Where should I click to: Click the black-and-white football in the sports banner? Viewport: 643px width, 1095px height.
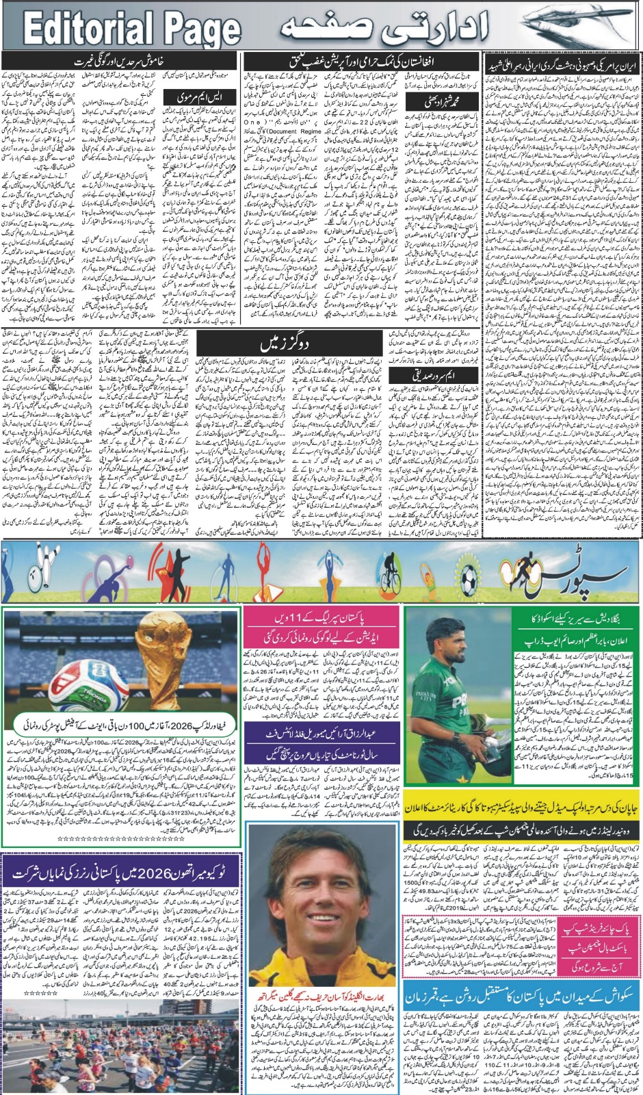tap(469, 582)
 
